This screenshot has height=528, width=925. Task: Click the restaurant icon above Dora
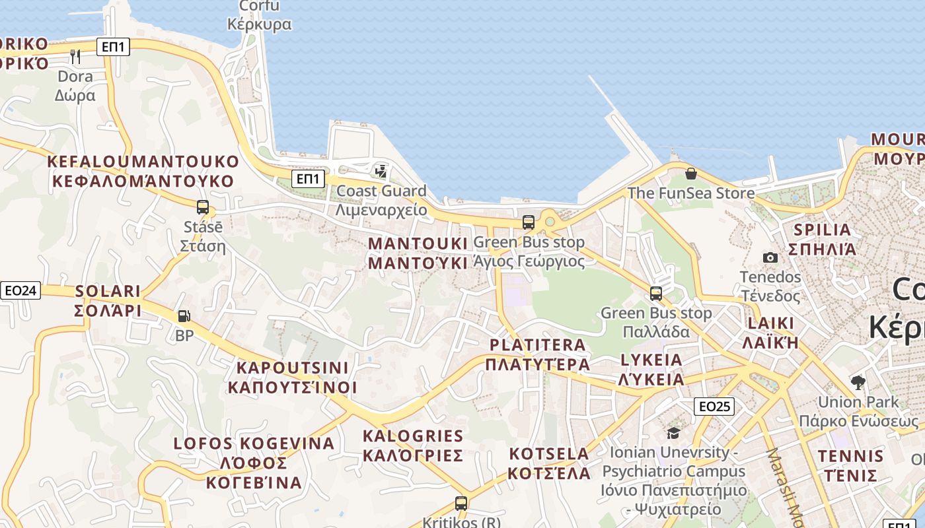pyautogui.click(x=75, y=56)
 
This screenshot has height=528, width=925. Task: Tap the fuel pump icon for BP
pyautogui.click(x=184, y=316)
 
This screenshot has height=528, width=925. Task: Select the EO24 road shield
pyautogui.click(x=20, y=290)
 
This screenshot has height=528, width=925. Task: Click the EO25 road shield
pyautogui.click(x=714, y=406)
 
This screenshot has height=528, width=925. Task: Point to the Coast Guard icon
pyautogui.click(x=381, y=172)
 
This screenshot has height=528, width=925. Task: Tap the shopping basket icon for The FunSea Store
pyautogui.click(x=690, y=174)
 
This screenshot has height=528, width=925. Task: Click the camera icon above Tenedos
pyautogui.click(x=770, y=257)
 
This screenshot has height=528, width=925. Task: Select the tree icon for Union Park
pyautogui.click(x=858, y=382)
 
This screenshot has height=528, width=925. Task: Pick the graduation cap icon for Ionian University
pyautogui.click(x=673, y=433)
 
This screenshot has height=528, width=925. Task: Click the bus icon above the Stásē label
pyautogui.click(x=203, y=207)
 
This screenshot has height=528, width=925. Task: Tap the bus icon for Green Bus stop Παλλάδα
pyautogui.click(x=656, y=293)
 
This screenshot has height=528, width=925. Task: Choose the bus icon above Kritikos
pyautogui.click(x=461, y=503)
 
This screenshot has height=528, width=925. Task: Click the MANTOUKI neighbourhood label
pyautogui.click(x=418, y=244)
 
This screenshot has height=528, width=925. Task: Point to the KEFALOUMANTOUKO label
pyautogui.click(x=143, y=162)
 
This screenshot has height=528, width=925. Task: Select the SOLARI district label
pyautogui.click(x=108, y=291)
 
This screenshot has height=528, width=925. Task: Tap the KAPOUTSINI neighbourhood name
pyautogui.click(x=292, y=368)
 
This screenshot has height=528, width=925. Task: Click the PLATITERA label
pyautogui.click(x=537, y=345)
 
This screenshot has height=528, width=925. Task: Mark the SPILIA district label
pyautogui.click(x=823, y=230)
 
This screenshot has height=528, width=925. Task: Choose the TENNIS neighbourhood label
pyautogui.click(x=850, y=456)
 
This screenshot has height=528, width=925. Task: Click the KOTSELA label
pyautogui.click(x=549, y=454)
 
